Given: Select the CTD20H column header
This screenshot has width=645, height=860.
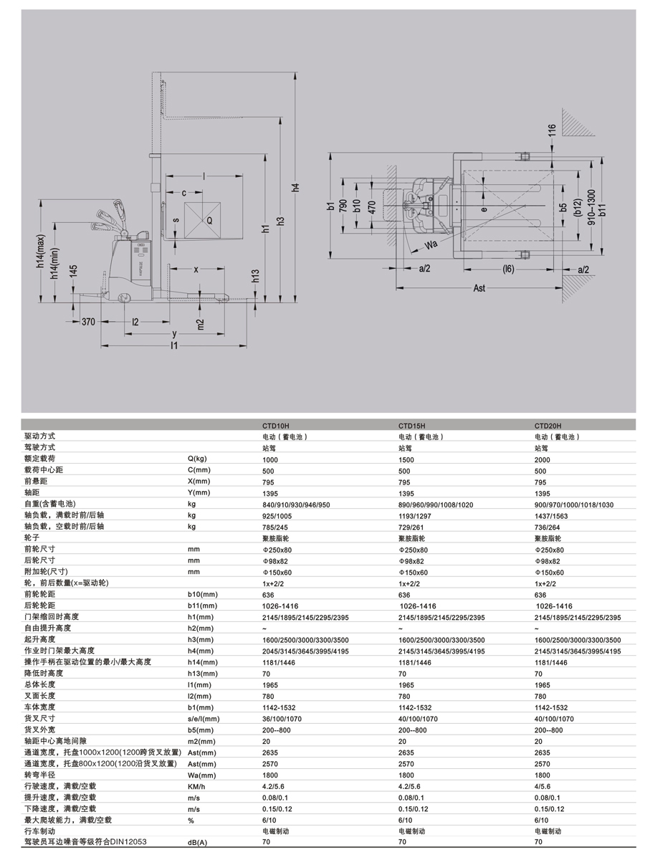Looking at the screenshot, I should pos(549,424).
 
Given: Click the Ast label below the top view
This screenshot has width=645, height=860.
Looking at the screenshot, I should pos(479,287).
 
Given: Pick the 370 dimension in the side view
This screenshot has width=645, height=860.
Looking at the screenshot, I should pos(88,322).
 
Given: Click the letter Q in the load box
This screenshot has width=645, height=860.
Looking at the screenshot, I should pos(209,221).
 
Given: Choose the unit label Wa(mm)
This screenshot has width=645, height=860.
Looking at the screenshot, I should pos(201,775).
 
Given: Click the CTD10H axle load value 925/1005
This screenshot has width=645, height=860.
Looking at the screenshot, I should pos(277,515).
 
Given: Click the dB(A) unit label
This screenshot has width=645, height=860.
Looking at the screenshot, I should pos(197,843).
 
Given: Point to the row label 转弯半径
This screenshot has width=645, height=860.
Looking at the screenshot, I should pos(39,775).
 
